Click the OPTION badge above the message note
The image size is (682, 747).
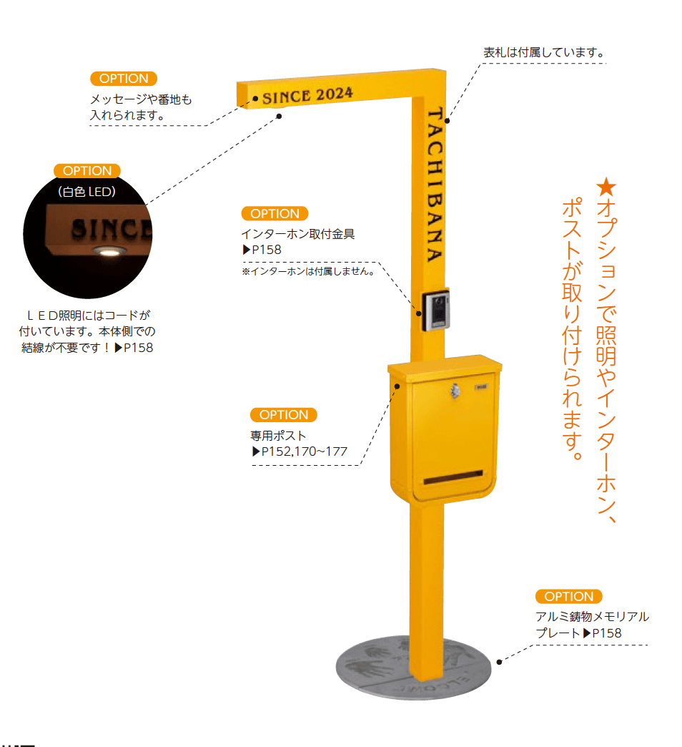click(x=124, y=79)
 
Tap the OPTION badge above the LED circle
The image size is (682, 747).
click(x=87, y=170)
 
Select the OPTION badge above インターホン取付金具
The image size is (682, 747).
click(x=275, y=213)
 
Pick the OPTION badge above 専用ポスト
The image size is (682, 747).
click(x=284, y=415)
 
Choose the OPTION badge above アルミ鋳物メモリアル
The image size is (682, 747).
click(x=569, y=597)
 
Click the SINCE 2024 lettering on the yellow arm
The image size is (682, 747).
click(x=307, y=95)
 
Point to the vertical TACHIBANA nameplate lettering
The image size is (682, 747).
click(x=435, y=185)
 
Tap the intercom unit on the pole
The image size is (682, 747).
click(x=436, y=310)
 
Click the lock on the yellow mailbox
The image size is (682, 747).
click(x=455, y=391)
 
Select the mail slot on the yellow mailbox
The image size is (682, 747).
click(x=453, y=477)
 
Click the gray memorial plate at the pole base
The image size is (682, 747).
click(x=413, y=668)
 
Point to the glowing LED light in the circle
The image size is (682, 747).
click(x=109, y=251)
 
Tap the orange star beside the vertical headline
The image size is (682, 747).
click(x=606, y=187)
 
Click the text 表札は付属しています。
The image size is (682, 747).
click(x=544, y=52)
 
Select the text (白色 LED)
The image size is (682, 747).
click(x=87, y=192)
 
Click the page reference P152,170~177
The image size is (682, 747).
click(x=305, y=451)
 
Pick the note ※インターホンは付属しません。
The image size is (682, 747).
click(x=308, y=272)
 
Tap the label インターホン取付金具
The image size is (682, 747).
click(x=298, y=234)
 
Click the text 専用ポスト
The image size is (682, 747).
click(x=278, y=436)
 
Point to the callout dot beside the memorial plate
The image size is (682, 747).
click(x=499, y=662)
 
